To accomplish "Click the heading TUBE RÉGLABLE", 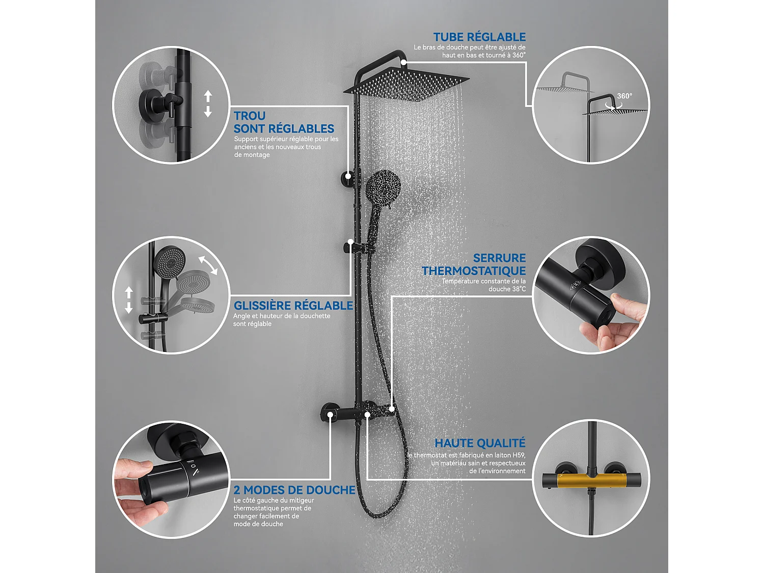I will [x=479, y=37].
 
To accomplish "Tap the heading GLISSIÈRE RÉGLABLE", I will [x=293, y=306].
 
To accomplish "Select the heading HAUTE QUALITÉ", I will [x=479, y=443].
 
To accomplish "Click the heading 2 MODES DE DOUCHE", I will [x=294, y=490].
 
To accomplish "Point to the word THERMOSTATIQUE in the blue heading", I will [x=474, y=271].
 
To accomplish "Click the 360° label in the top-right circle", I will [x=624, y=96].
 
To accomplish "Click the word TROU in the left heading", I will [x=250, y=116].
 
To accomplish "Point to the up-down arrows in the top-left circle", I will [x=207, y=104].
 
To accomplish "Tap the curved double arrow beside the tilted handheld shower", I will [x=208, y=265].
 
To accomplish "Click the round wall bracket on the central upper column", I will [x=348, y=177].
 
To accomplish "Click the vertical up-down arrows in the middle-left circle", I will [x=129, y=299].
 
